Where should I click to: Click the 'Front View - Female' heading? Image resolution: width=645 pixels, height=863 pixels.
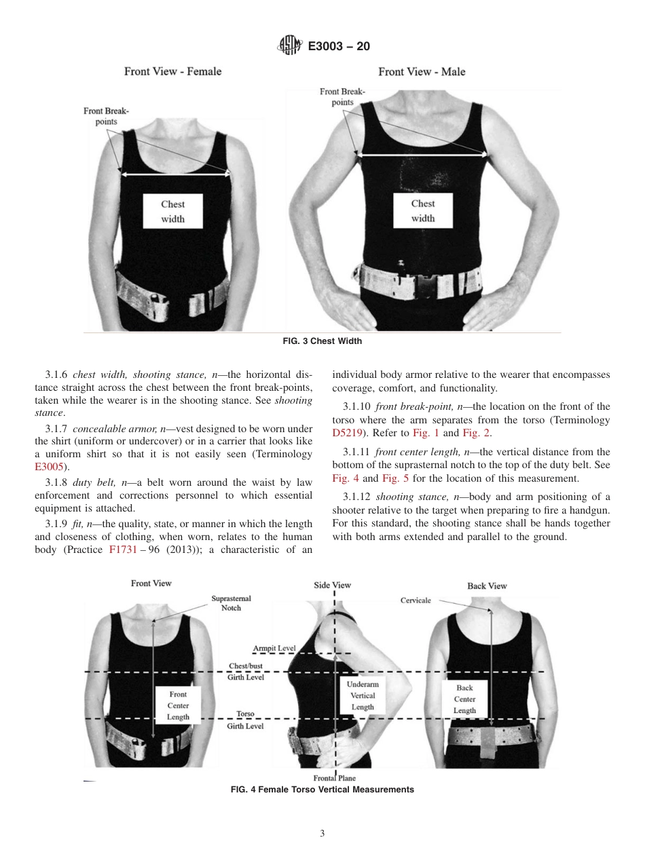tap(172, 71)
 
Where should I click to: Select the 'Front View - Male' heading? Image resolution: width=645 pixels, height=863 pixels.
tap(422, 71)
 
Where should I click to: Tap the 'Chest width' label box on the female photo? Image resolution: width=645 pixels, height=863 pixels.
tap(172, 211)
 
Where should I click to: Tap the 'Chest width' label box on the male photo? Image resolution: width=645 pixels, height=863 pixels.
tap(422, 210)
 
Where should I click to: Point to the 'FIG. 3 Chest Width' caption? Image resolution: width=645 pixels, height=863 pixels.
tap(322, 341)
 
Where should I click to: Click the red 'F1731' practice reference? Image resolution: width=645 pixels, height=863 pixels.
tap(124, 550)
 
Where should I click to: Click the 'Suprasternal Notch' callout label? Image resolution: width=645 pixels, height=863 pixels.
tap(231, 603)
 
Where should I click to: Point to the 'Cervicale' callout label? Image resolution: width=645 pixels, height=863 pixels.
tap(415, 600)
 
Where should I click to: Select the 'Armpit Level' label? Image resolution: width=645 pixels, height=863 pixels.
tap(274, 648)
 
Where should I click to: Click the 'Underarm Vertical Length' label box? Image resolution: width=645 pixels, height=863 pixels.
tap(362, 695)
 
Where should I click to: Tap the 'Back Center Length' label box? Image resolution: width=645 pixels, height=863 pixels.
tap(464, 699)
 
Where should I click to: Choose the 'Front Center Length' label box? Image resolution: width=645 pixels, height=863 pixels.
tap(178, 706)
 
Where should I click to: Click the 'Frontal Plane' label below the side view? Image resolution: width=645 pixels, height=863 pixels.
tap(334, 778)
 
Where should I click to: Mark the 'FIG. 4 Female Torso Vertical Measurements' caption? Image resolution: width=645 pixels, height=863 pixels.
tap(322, 790)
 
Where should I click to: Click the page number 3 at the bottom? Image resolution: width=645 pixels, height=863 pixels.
tap(322, 834)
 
